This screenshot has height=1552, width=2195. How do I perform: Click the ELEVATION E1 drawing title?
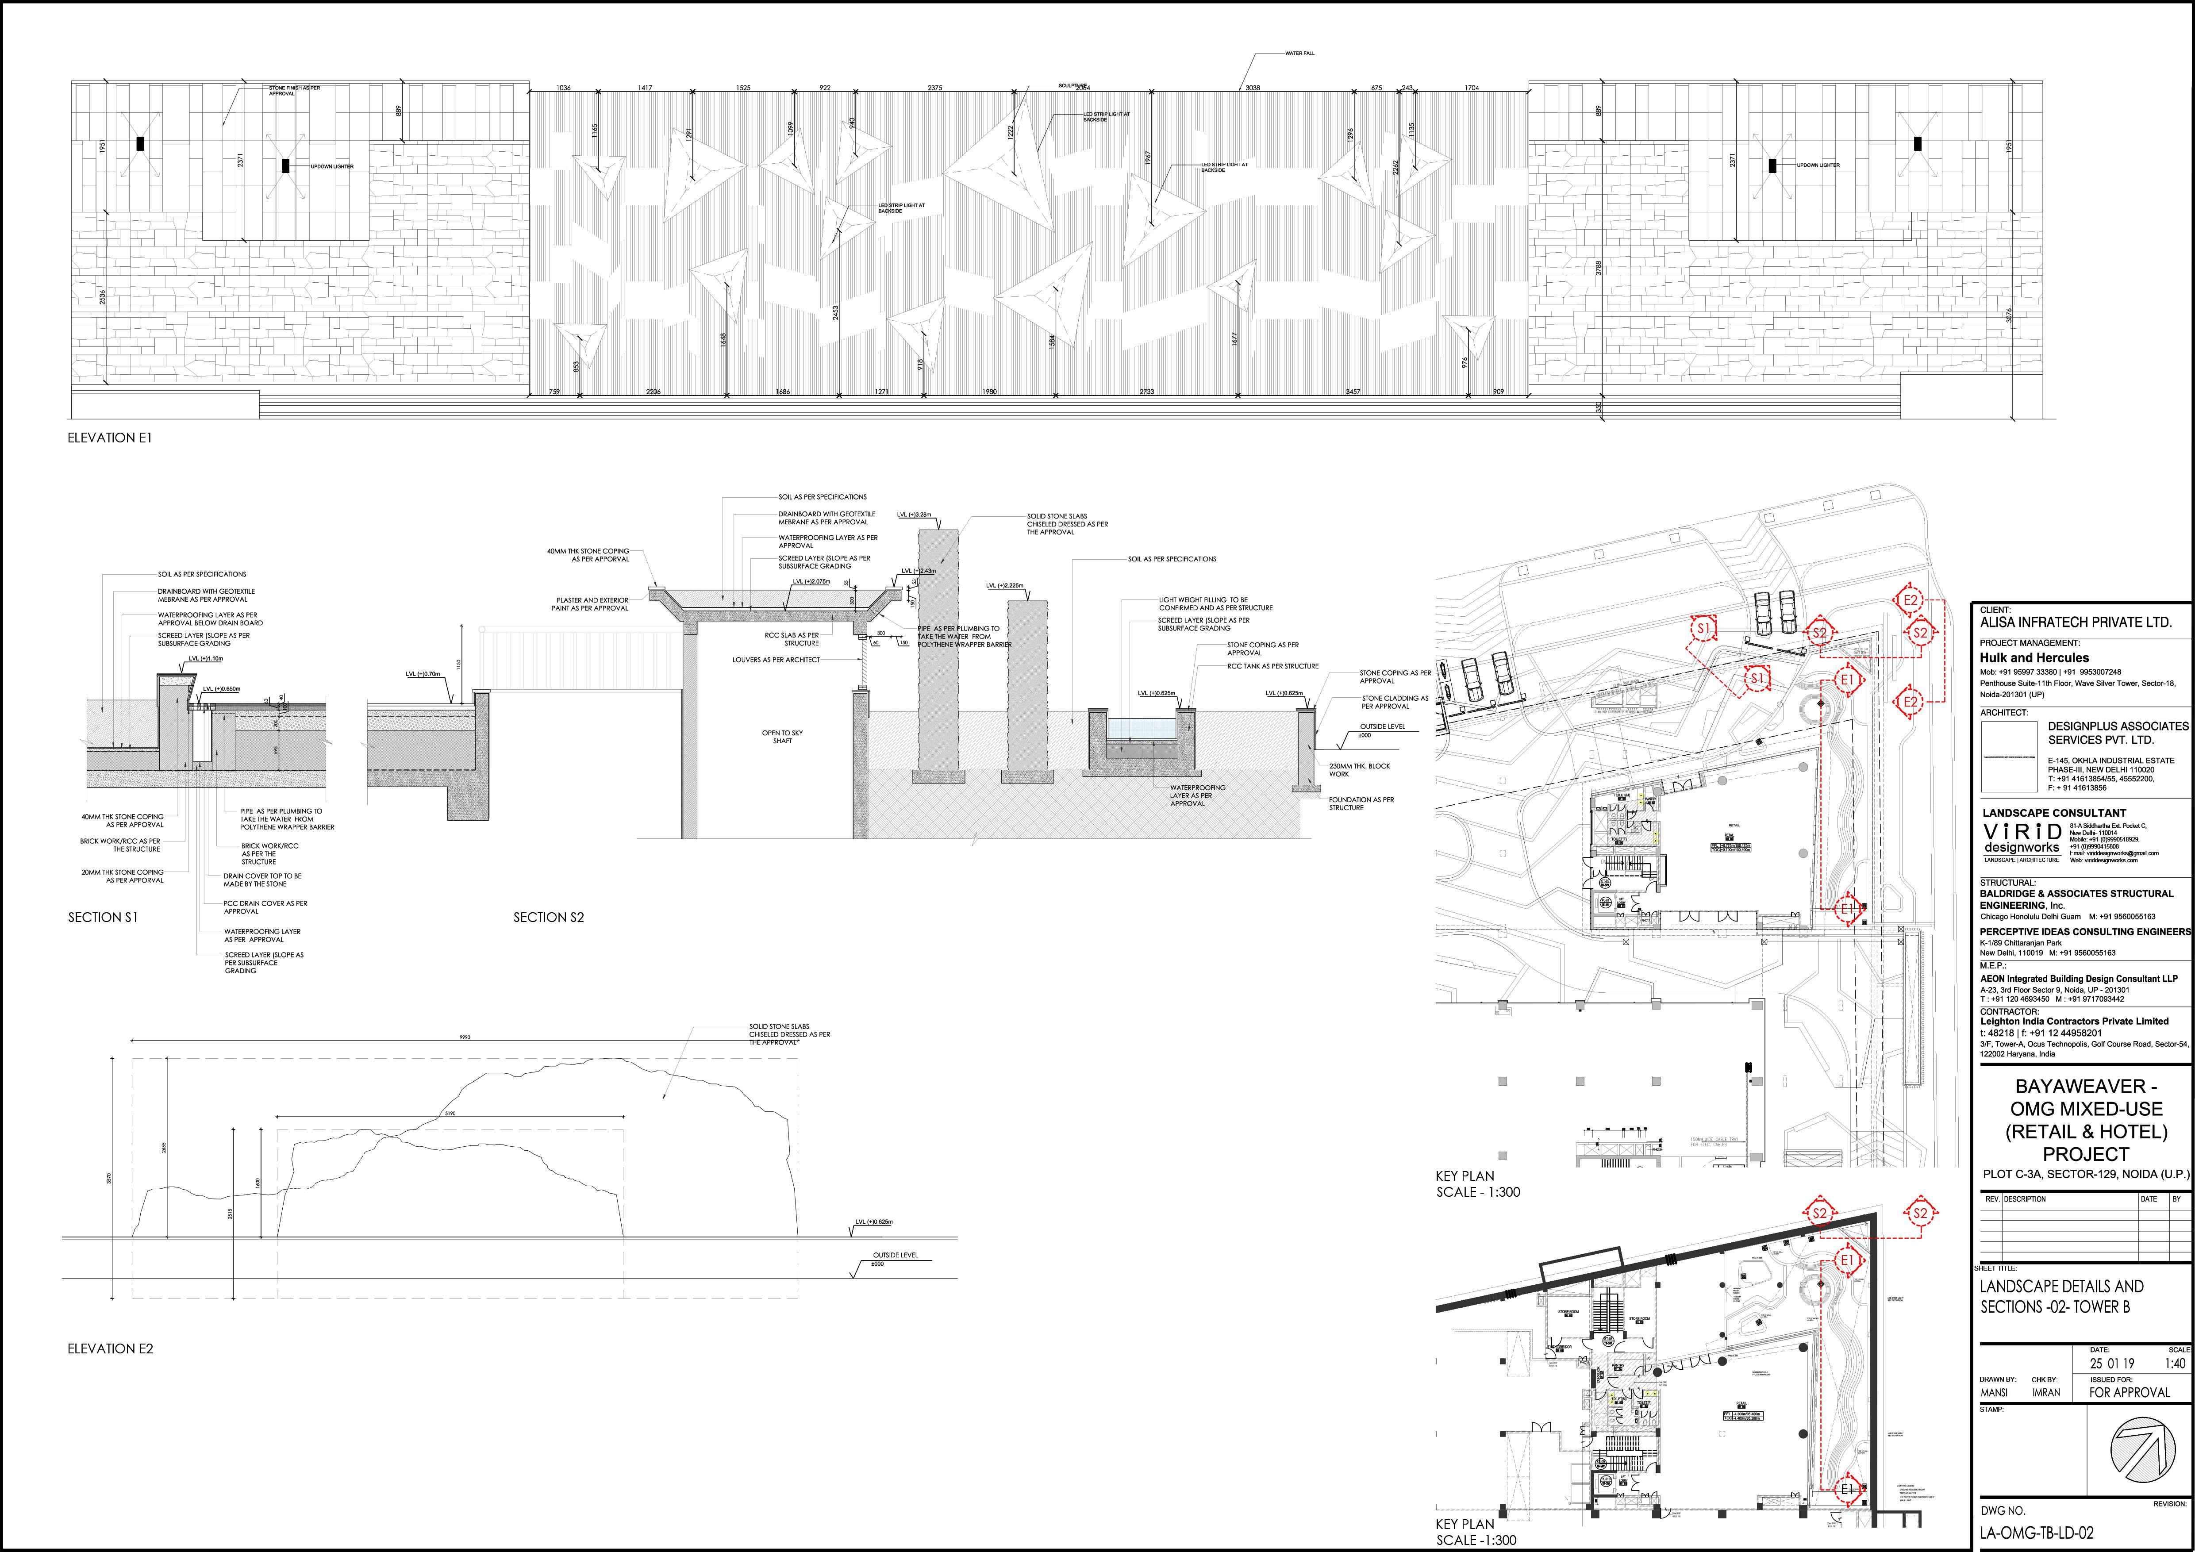[109, 438]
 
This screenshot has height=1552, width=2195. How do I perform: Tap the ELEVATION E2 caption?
[110, 1348]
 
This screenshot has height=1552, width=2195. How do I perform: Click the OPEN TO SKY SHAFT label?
[782, 737]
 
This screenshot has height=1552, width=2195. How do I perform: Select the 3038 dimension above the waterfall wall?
[1253, 88]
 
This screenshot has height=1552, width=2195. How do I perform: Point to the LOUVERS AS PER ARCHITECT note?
[776, 659]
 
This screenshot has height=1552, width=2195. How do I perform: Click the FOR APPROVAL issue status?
[2129, 1392]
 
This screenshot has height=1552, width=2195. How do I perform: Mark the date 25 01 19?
[2111, 1364]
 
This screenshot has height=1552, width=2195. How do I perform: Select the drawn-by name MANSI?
[1992, 1393]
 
